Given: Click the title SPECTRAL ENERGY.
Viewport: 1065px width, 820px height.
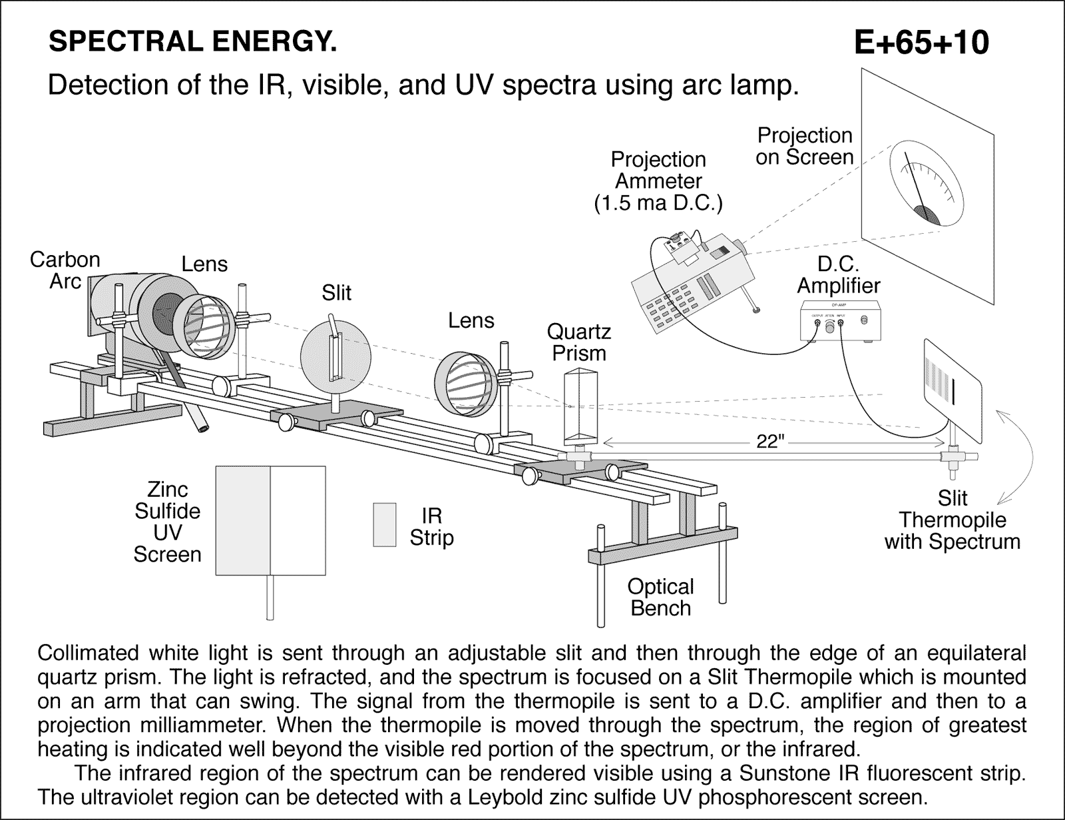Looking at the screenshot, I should coord(193,42).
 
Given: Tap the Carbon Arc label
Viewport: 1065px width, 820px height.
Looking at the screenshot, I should coord(65,270).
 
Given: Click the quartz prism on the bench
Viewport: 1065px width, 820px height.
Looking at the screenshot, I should coord(579,406).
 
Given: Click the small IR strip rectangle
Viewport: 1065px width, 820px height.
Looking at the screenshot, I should coord(384,525).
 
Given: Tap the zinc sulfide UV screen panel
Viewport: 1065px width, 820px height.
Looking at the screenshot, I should coord(271,520).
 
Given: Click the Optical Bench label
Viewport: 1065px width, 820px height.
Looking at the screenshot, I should coord(660,597).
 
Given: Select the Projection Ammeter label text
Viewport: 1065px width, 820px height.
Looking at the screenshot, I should coord(658,181).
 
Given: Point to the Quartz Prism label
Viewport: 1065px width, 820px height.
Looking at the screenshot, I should coord(578,342).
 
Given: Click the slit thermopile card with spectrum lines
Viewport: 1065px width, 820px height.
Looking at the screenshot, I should coord(953,391).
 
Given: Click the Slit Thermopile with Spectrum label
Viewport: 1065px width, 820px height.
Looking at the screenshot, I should coord(952,520).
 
